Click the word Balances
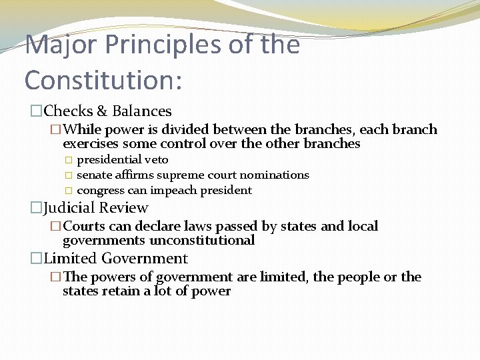pyautogui.click(x=141, y=111)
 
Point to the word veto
pyautogui.click(x=157, y=160)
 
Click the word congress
pyautogui.click(x=100, y=191)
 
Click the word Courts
pyautogui.click(x=84, y=227)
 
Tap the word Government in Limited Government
pyautogui.click(x=145, y=259)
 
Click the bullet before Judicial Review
pyautogui.click(x=36, y=208)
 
